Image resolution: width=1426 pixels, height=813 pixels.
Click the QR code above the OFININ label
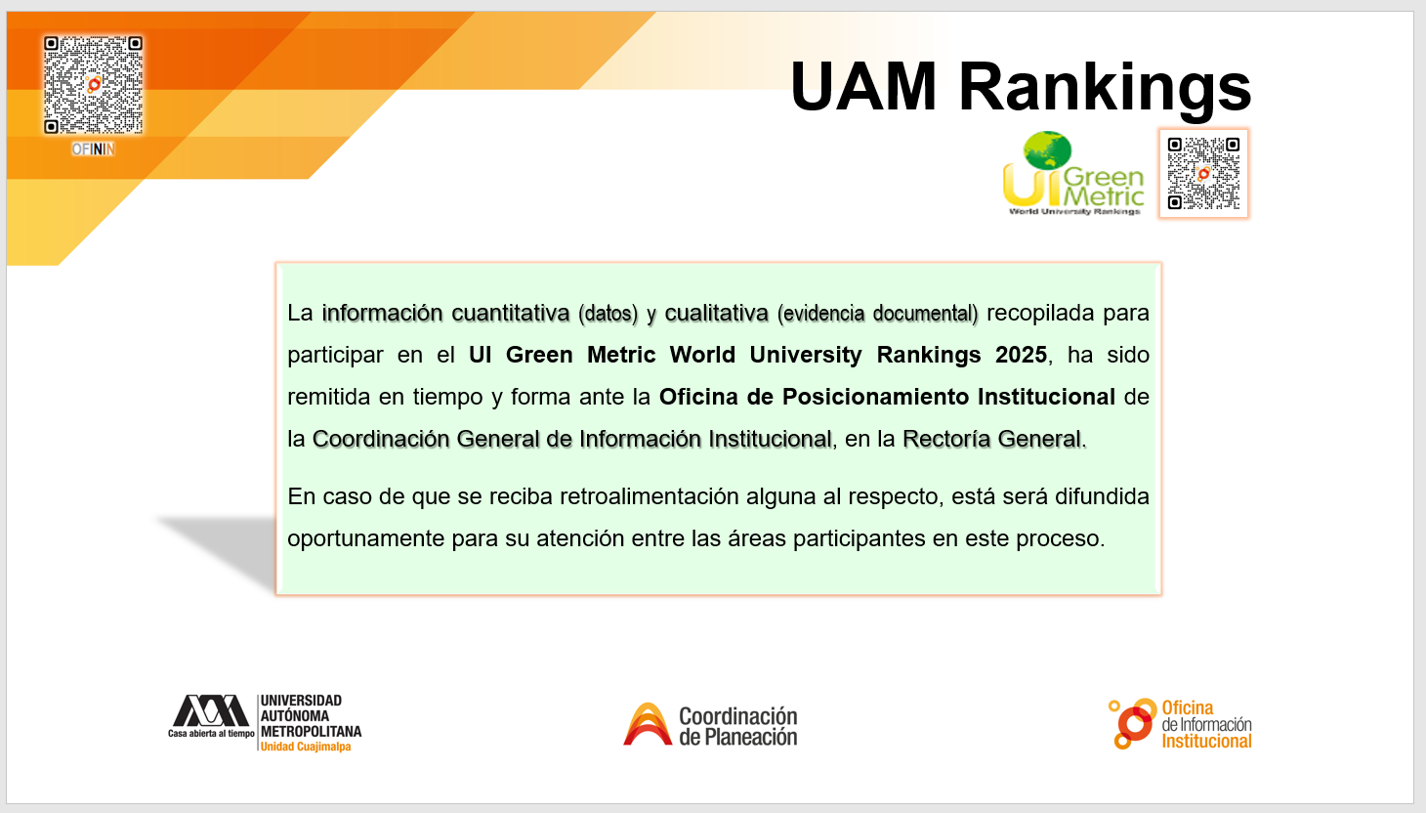tap(93, 85)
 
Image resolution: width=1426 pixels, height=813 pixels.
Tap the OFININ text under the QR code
tap(93, 150)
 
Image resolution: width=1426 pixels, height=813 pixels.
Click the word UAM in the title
tap(863, 87)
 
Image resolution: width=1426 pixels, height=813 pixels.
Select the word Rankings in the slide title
tap(1106, 89)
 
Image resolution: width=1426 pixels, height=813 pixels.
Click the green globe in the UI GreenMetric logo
tap(1047, 150)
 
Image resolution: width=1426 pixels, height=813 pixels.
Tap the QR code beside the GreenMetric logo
tap(1203, 173)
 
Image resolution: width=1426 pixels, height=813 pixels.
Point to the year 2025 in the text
tap(1021, 355)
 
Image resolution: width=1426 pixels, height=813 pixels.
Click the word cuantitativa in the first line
tap(511, 314)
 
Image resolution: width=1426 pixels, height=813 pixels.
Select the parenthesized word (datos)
tap(608, 314)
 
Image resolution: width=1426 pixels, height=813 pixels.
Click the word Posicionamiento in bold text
tap(879, 397)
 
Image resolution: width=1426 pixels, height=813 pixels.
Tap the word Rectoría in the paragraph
tap(946, 439)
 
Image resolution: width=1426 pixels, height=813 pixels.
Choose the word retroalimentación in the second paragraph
tap(649, 496)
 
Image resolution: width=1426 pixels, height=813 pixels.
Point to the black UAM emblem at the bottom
tap(211, 710)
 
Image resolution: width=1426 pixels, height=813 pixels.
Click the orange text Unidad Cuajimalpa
tap(306, 747)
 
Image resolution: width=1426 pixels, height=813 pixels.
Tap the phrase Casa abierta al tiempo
tap(211, 733)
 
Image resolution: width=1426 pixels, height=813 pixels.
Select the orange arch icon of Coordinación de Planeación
tap(648, 724)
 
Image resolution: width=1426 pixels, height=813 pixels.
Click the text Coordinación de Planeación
tap(737, 726)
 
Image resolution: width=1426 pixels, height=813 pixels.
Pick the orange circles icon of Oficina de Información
tap(1133, 724)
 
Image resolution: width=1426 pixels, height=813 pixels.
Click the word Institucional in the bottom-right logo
tap(1206, 742)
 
